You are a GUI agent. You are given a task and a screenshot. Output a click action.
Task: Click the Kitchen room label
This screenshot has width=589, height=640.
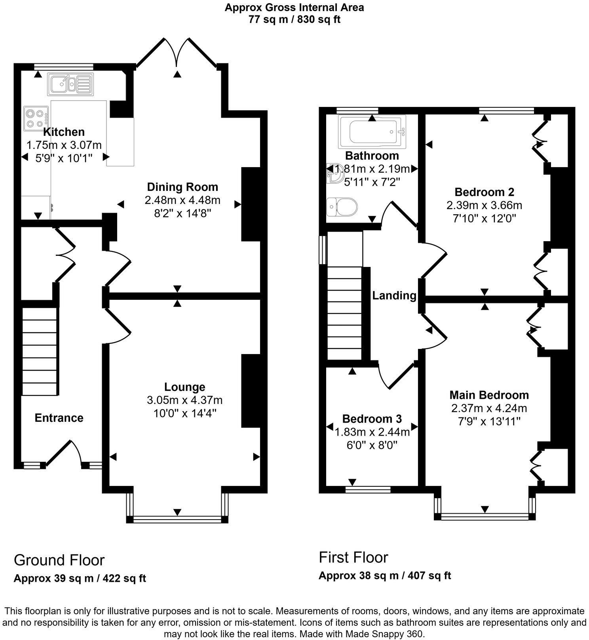[64, 132]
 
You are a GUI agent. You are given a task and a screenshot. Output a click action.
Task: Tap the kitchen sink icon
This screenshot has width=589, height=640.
[70, 84]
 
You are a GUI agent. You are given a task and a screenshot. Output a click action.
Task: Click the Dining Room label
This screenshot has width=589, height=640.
[182, 187]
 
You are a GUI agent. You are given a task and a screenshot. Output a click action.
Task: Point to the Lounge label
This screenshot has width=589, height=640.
[185, 387]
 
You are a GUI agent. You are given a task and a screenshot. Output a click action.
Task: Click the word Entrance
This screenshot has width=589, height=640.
[59, 418]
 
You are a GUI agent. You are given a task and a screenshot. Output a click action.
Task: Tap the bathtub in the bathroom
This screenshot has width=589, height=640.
[372, 130]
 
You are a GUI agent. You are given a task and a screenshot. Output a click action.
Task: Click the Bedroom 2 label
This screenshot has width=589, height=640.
[484, 192]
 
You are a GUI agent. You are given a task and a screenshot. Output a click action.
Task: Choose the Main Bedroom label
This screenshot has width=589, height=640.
[489, 395]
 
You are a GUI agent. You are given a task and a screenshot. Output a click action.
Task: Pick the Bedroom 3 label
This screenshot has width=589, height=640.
[372, 419]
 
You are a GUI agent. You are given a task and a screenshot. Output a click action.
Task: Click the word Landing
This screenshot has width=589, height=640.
[394, 295]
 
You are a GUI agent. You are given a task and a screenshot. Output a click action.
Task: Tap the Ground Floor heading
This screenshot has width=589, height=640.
[59, 560]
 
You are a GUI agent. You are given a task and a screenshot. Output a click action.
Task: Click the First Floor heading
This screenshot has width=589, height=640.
[353, 557]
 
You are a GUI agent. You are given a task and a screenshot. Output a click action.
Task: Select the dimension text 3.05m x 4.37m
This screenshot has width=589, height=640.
[184, 400]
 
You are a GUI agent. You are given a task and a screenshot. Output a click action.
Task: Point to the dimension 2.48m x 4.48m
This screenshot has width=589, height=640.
[182, 200]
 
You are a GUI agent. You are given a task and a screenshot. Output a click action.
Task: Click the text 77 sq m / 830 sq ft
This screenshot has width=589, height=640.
[294, 19]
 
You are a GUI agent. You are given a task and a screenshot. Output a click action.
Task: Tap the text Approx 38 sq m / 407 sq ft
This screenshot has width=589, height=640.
[385, 575]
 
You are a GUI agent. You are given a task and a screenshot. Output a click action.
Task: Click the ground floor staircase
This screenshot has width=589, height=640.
[39, 352]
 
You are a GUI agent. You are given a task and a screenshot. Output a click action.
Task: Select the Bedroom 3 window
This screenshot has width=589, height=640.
[368, 490]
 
